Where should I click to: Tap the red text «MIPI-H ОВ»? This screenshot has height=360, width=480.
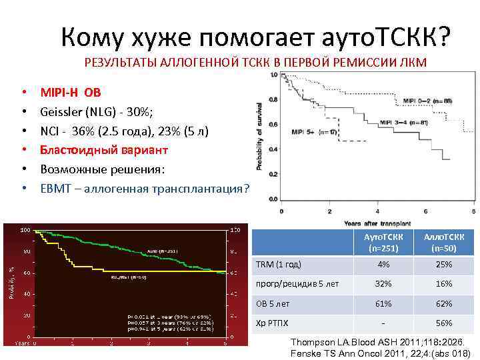tap(71, 93)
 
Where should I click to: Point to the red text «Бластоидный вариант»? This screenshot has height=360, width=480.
tap(104, 150)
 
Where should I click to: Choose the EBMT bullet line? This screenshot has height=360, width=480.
tap(144, 189)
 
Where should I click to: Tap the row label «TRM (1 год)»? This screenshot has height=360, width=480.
tap(279, 265)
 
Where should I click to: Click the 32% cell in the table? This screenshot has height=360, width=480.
tap(383, 284)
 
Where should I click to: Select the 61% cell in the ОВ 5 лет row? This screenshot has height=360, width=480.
tap(383, 303)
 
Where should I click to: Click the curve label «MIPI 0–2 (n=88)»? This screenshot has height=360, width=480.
tap(426, 101)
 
